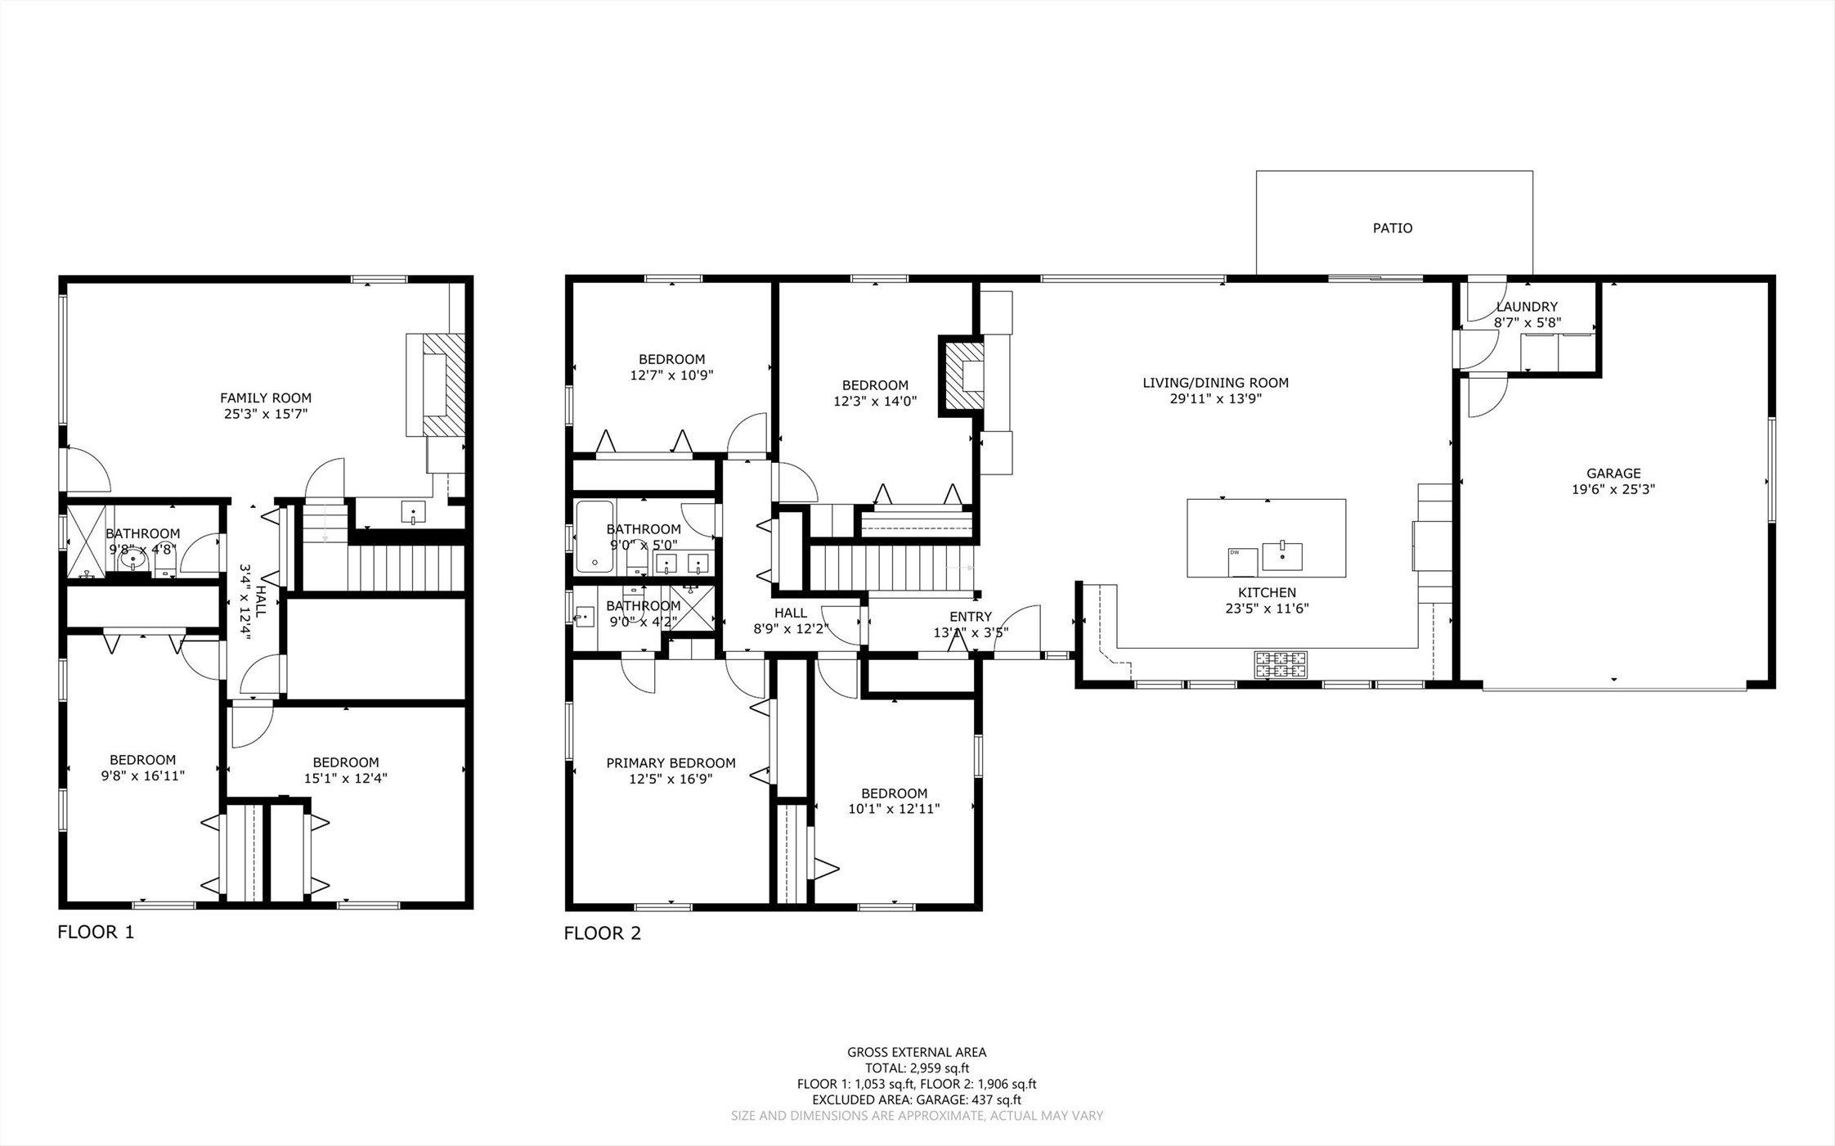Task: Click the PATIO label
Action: [x=1393, y=228]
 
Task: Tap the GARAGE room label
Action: [x=1613, y=473]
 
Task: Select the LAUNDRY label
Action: [x=1527, y=307]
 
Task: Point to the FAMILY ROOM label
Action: [x=266, y=398]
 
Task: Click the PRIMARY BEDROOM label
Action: [x=671, y=763]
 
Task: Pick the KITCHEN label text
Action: [x=1267, y=592]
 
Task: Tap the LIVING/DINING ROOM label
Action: [x=1215, y=383]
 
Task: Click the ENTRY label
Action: [x=971, y=617]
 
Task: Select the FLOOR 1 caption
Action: [x=96, y=932]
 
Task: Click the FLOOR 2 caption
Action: [x=603, y=933]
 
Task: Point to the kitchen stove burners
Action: [x=1281, y=664]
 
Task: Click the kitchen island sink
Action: [x=1282, y=555]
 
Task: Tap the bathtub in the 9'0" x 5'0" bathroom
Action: [x=594, y=536]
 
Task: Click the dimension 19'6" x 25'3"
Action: [x=1613, y=489]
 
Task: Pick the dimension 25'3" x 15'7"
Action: [x=266, y=414]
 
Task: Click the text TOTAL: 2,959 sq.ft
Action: [x=917, y=1068]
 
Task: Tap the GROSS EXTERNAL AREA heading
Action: [x=917, y=1053]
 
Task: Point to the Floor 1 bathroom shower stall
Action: [x=86, y=542]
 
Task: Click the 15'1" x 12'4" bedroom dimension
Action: [x=345, y=779]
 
